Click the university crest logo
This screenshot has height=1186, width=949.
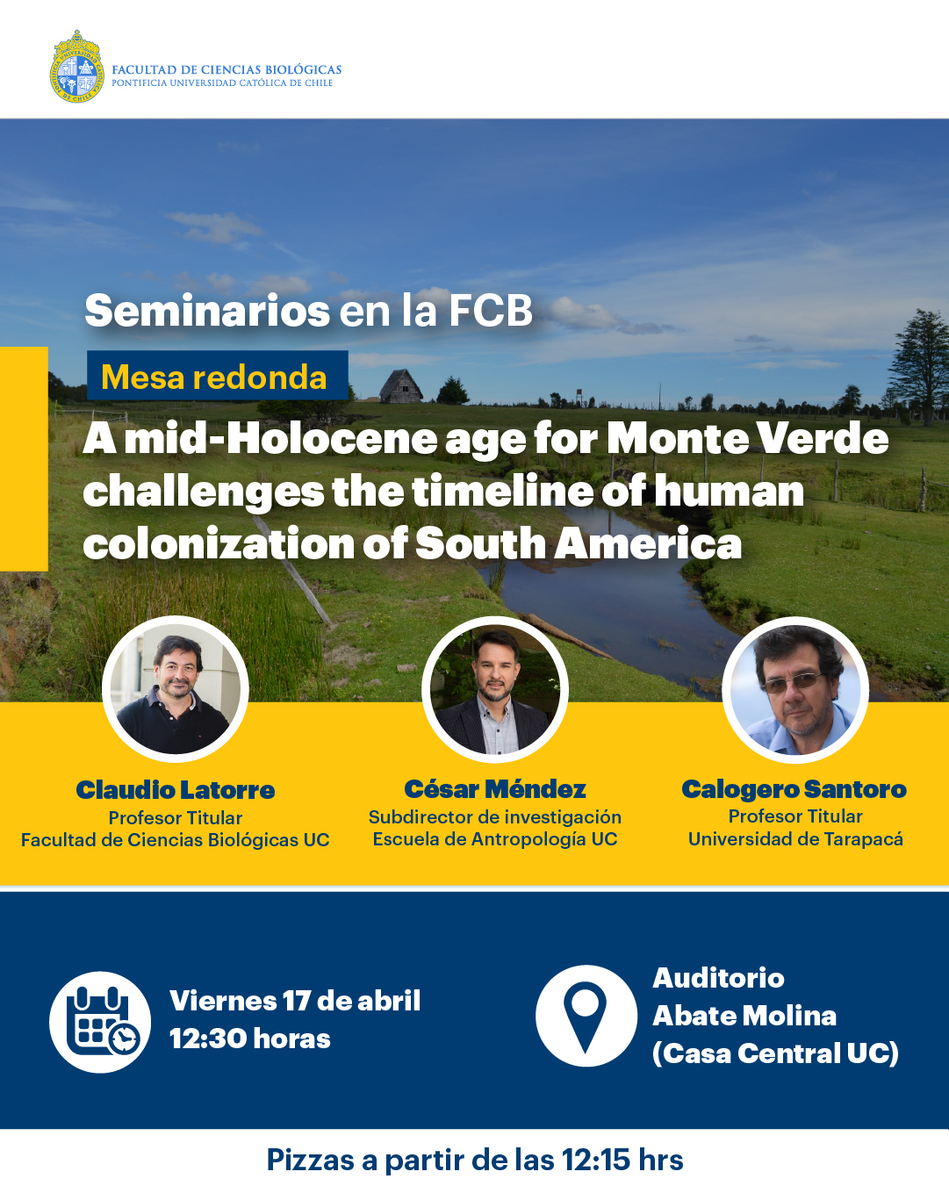point(77,66)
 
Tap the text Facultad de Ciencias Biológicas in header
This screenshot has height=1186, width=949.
point(226,69)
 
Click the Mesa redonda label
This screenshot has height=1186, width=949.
point(214,377)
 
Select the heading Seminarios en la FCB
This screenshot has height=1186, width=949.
point(309,311)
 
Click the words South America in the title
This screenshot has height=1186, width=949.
point(579,544)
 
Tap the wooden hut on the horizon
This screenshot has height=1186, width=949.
point(400,385)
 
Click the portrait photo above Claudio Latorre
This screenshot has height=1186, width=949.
point(176,689)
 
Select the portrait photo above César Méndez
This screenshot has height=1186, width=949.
point(495,689)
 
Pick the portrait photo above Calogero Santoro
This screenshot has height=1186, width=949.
point(795,689)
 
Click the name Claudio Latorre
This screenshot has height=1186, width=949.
point(176,790)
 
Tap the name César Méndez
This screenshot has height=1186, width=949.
point(495,788)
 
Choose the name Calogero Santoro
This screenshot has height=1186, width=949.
point(794,789)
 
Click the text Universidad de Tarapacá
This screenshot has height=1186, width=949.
point(795,838)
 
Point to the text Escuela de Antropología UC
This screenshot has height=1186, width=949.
point(495,838)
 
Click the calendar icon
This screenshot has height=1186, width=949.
point(100,1023)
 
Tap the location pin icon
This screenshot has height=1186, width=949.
point(586,1016)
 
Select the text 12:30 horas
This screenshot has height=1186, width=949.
point(249,1039)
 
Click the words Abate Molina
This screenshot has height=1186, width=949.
point(744,1016)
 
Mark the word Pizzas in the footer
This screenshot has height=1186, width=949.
point(310,1160)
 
